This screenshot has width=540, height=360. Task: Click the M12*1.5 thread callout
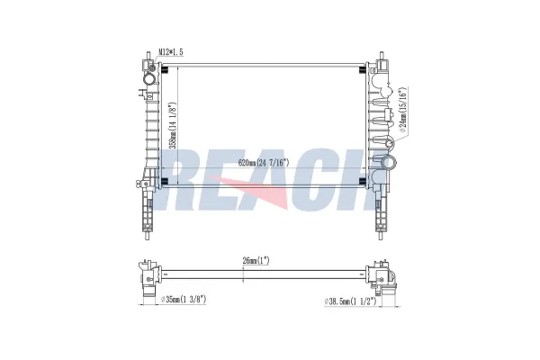pos(170,52)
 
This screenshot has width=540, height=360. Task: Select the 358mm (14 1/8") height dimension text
pos(174,125)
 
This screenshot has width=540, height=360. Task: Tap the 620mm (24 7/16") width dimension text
pos(264,163)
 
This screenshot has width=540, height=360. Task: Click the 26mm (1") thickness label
pos(256,261)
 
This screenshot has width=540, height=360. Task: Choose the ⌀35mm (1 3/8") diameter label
pos(184,300)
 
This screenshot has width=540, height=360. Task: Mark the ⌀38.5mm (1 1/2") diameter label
pos(350,301)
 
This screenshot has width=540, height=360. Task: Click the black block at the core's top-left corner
pos(165,70)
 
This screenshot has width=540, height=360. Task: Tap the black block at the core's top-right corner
pos(362,70)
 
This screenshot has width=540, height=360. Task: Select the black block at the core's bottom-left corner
pos(165,182)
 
